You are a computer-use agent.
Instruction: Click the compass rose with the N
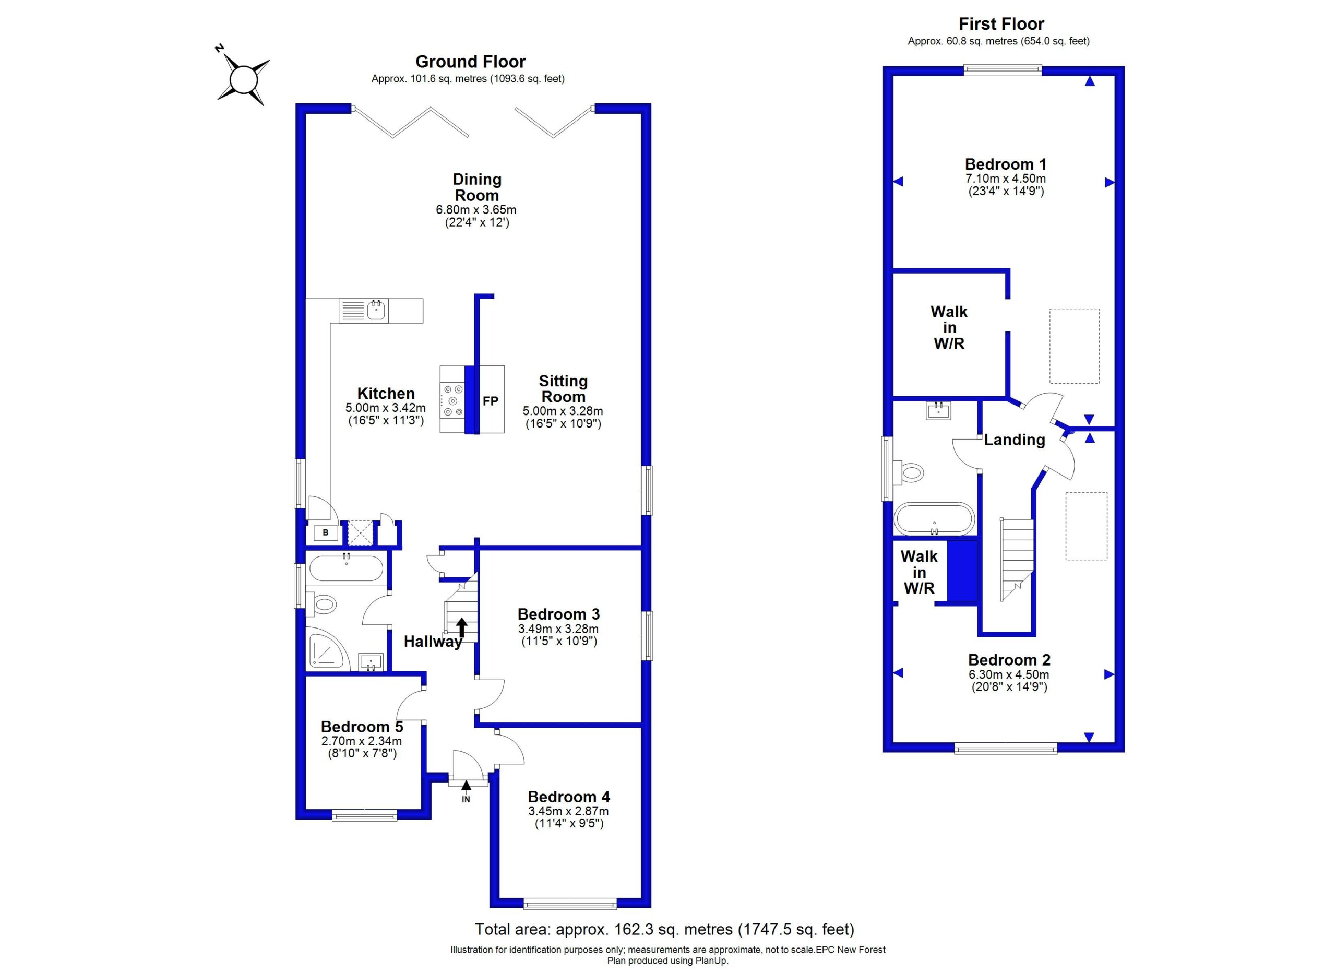(x=243, y=79)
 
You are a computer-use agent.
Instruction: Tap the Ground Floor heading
(x=470, y=61)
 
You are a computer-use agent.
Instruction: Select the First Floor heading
(x=1001, y=23)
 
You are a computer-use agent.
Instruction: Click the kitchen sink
(x=363, y=311)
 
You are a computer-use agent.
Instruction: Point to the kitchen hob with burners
(x=452, y=399)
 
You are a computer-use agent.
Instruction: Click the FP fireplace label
(x=490, y=400)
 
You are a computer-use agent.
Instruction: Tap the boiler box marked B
(x=326, y=532)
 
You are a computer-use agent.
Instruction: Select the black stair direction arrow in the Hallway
(x=462, y=627)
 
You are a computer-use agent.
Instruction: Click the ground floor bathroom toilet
(x=320, y=604)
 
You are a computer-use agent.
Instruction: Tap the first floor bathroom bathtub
(x=934, y=518)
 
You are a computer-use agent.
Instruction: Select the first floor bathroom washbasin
(x=938, y=409)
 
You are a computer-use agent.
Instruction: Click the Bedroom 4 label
(x=568, y=797)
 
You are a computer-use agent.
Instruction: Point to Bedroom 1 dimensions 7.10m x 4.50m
(x=1006, y=179)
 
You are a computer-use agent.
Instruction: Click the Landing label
(x=1015, y=440)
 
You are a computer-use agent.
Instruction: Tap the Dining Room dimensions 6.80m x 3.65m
(x=476, y=209)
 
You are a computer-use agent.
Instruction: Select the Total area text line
(x=664, y=929)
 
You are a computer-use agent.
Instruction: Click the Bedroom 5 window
(x=364, y=815)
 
